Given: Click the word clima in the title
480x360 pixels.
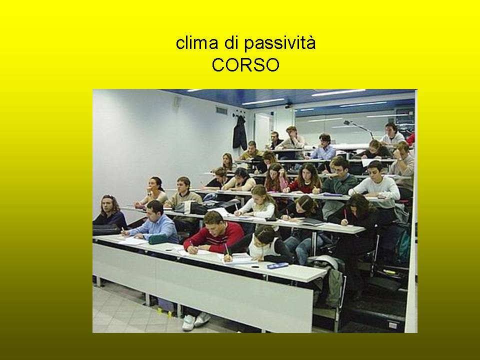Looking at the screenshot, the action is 197,43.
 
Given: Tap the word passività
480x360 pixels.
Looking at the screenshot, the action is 279,44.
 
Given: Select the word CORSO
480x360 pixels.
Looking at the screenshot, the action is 245,65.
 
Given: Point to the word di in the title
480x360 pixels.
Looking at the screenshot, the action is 231,43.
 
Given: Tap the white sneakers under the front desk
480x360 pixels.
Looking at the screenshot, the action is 196,321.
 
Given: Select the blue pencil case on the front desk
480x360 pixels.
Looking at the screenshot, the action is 277,265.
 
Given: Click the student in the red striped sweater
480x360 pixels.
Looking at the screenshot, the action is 214,233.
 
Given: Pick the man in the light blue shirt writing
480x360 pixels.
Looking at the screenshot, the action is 153,222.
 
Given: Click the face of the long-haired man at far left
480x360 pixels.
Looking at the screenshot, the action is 107,205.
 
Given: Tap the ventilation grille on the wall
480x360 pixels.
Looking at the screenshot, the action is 221,110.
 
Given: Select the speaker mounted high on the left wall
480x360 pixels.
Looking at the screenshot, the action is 177,101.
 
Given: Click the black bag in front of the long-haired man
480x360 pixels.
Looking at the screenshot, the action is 106,229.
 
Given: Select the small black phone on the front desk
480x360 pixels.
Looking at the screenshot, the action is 255,266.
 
